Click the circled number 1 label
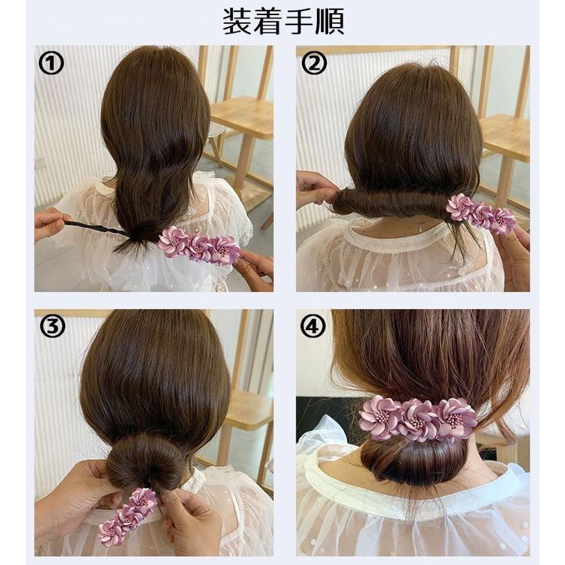pyautogui.click(x=51, y=63)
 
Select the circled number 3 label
pyautogui.click(x=51, y=326)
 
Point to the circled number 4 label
pyautogui.click(x=313, y=326)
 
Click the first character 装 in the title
pyautogui.click(x=237, y=21)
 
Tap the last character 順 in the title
pyautogui.click(x=329, y=21)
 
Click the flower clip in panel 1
pyautogui.click(x=198, y=245)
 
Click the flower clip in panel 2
pyautogui.click(x=482, y=213)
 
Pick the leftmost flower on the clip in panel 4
pyautogui.click(x=380, y=414)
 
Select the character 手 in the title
pyautogui.click(x=298, y=21)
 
